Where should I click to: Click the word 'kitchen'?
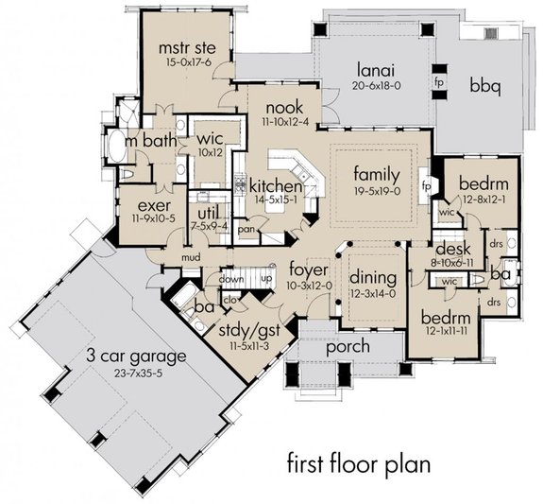tap(273, 185)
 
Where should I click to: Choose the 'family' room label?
tap(377, 176)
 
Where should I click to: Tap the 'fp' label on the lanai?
tap(439, 81)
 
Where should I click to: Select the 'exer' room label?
tap(153, 204)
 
